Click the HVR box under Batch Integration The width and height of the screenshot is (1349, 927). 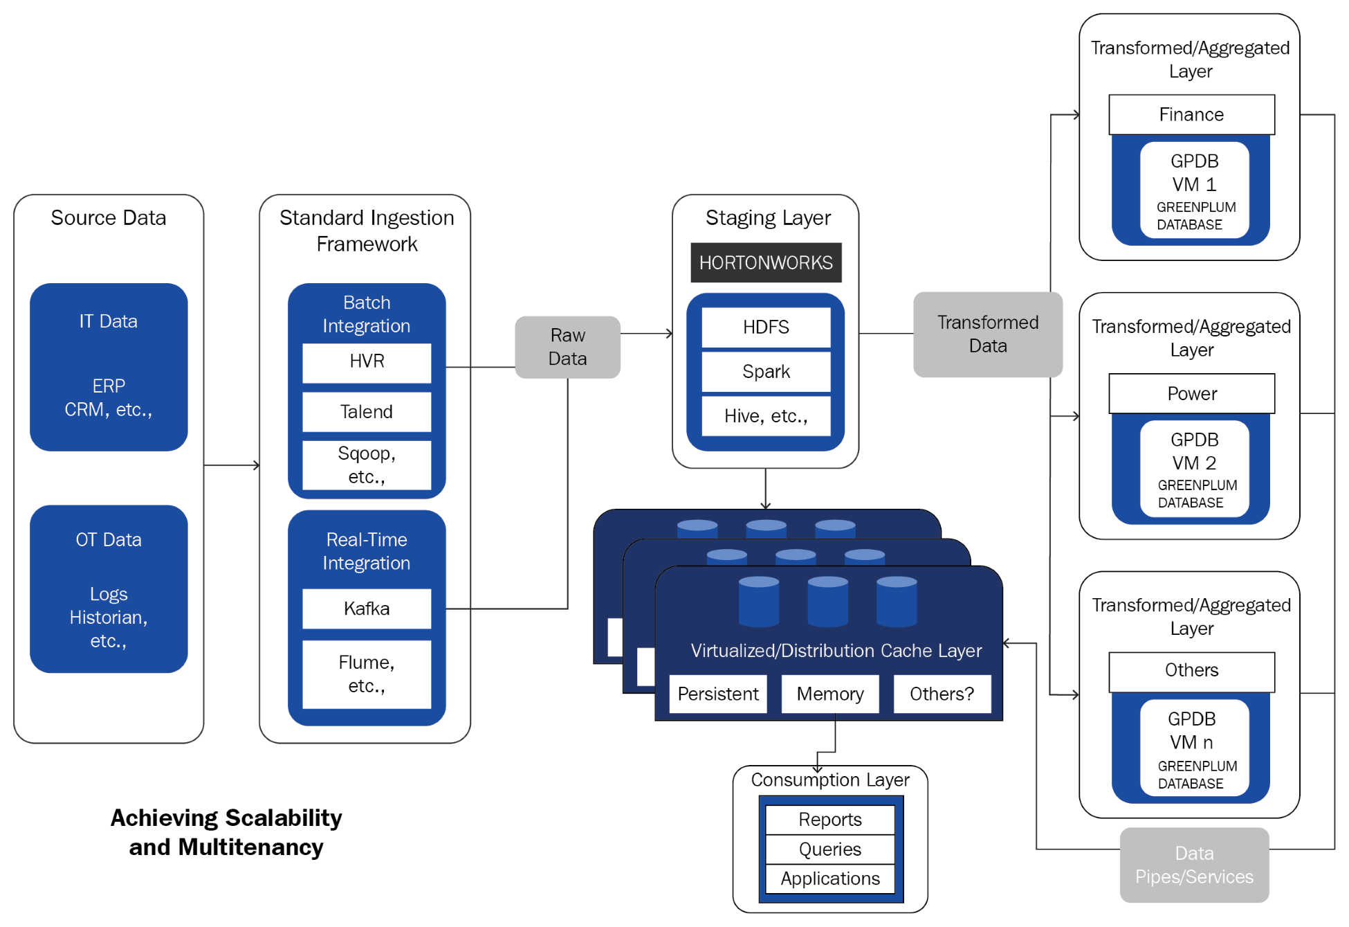point(367,362)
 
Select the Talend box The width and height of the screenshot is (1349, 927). point(367,412)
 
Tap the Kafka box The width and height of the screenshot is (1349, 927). point(367,609)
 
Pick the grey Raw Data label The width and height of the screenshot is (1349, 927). point(567,347)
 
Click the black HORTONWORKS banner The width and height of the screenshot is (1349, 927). point(766,262)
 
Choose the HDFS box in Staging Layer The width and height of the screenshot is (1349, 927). point(766,327)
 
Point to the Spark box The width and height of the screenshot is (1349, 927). point(766,372)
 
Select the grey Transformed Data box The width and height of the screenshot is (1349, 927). point(987,334)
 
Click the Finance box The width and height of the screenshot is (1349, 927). point(1191,115)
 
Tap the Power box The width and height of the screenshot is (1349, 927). point(1191,394)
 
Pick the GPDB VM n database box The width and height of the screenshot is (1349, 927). point(1194,748)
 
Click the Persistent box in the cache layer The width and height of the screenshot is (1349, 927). point(718,694)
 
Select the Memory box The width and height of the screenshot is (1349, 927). point(830,694)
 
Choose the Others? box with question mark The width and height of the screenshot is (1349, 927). point(942,694)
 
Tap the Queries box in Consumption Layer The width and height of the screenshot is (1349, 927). point(830,849)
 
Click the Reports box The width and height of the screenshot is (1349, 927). point(830,820)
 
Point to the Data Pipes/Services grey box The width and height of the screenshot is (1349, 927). point(1194,865)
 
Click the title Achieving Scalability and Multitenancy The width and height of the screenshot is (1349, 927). point(226,832)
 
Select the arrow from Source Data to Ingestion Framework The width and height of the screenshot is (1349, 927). point(232,465)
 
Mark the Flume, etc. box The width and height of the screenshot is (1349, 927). point(367,674)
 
